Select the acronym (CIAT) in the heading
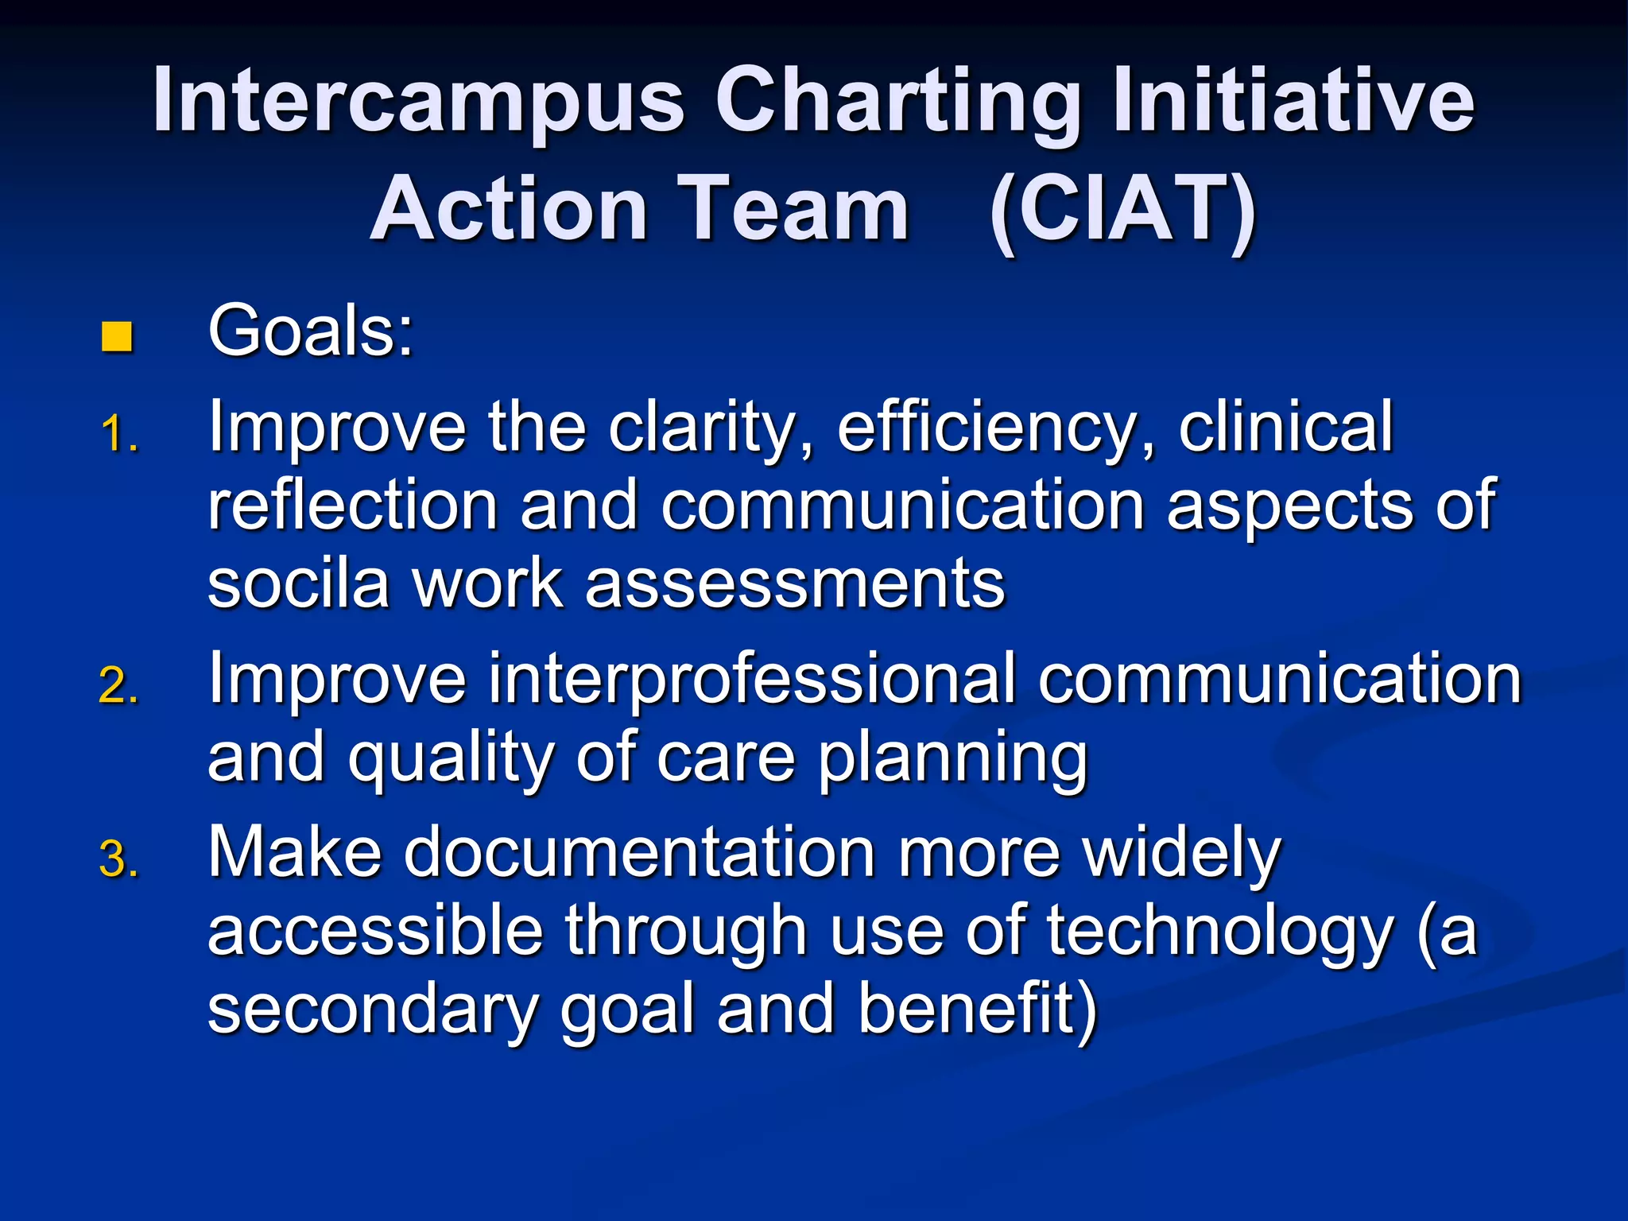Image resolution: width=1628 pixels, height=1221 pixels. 1122,211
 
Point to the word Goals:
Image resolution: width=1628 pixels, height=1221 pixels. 311,331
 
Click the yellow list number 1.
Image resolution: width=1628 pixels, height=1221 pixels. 119,436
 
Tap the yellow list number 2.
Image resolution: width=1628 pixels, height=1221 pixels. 119,686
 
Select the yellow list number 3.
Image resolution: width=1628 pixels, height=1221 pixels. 119,860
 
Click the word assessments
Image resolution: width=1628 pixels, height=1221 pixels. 795,584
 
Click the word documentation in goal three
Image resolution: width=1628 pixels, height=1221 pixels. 640,853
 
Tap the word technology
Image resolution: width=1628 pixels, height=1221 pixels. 1220,932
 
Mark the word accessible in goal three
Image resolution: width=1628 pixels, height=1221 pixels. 375,932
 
